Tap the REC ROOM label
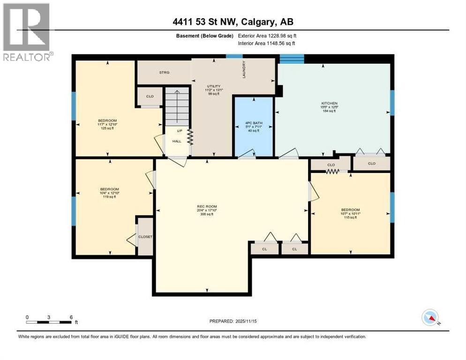click(x=207, y=206)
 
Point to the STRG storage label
click(x=164, y=72)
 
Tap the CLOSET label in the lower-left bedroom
click(x=145, y=237)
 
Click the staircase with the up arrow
click(x=177, y=106)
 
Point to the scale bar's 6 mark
click(x=71, y=317)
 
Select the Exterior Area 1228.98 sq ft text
click(x=267, y=35)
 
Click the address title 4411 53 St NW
click(x=233, y=22)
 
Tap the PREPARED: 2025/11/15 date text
click(x=233, y=321)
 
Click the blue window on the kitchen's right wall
click(x=392, y=102)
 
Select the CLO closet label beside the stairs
click(x=150, y=97)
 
